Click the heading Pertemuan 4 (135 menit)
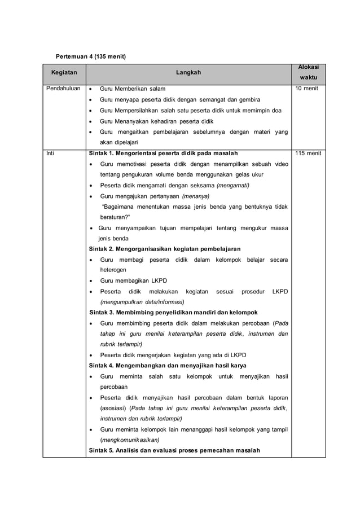click(89, 57)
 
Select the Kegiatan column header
click(65, 73)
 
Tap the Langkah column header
click(188, 73)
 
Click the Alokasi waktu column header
click(308, 73)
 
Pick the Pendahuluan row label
click(63, 89)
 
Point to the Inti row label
click(50, 153)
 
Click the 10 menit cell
click(304, 89)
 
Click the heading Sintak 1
click(164, 153)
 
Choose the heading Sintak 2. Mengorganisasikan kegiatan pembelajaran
click(165, 249)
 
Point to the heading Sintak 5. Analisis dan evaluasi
click(174, 450)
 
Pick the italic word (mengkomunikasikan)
click(130, 440)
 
